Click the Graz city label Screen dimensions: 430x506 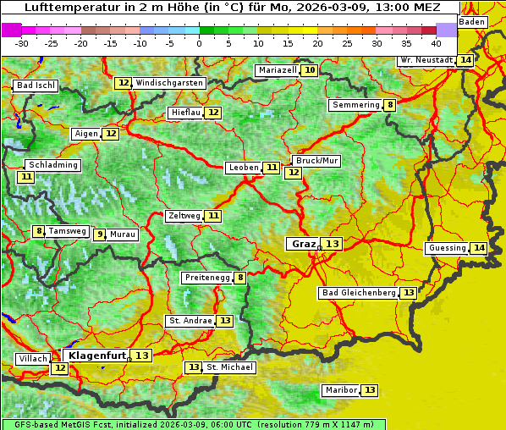(x=303, y=244)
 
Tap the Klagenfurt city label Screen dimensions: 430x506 (x=97, y=356)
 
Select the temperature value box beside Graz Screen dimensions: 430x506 (x=332, y=244)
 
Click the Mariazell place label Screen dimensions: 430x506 (x=278, y=70)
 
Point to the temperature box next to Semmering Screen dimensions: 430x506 (x=389, y=105)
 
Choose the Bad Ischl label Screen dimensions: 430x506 (x=36, y=85)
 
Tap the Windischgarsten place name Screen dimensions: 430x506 (x=169, y=83)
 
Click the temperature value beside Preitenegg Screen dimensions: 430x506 (x=240, y=278)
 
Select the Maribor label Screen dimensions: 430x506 (x=340, y=390)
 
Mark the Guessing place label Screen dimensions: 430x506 (x=447, y=248)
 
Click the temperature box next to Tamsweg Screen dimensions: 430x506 (x=38, y=231)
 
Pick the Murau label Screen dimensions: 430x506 (x=123, y=234)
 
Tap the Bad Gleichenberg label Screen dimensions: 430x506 (x=359, y=293)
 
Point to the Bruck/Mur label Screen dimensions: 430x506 (x=316, y=160)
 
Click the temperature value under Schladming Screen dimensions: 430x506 (x=26, y=177)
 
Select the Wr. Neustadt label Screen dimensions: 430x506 (x=426, y=60)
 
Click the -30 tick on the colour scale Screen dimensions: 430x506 (x=22, y=43)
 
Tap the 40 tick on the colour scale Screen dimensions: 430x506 (x=436, y=43)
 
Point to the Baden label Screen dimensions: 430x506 (x=472, y=22)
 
